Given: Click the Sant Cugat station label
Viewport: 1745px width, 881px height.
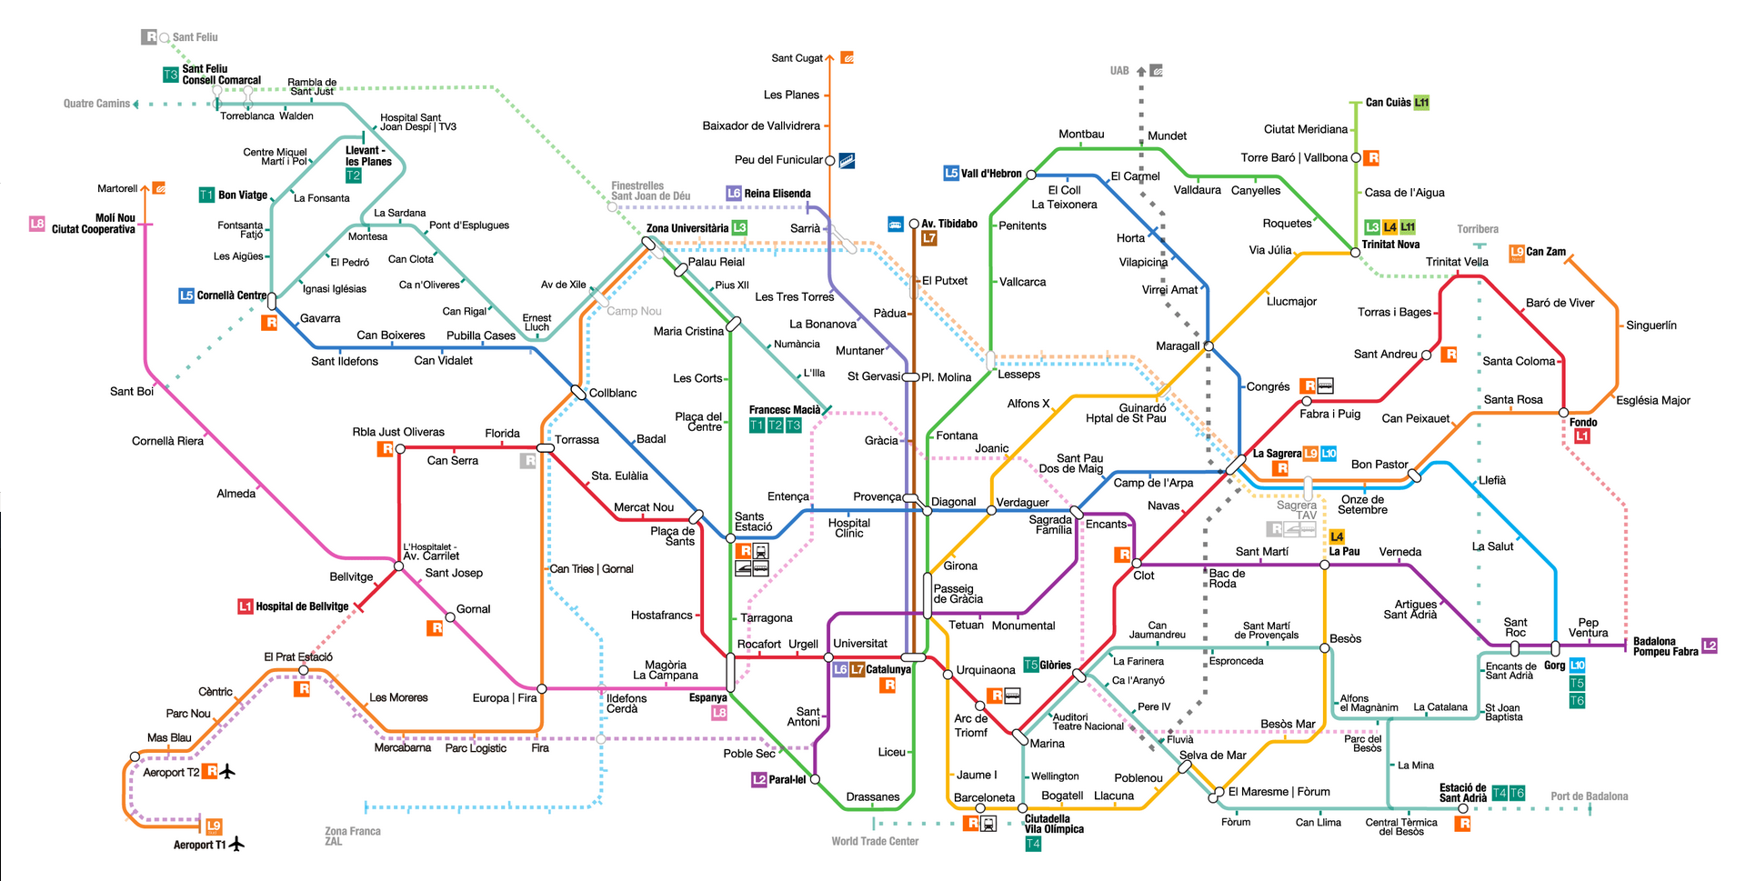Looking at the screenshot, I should (797, 58).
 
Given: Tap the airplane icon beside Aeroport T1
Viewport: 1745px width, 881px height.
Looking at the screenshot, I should (237, 845).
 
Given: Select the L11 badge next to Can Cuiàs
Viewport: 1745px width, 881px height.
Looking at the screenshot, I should (1421, 103).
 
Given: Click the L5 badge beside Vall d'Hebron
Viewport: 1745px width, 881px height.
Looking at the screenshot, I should (950, 173).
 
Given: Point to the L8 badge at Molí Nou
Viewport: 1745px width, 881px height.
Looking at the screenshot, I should (36, 223).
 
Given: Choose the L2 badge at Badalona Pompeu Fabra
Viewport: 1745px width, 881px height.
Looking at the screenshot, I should (1710, 646).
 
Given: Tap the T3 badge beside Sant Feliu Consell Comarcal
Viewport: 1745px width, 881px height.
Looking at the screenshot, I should (170, 75).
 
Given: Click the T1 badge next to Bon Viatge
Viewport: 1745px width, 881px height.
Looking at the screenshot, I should (206, 195).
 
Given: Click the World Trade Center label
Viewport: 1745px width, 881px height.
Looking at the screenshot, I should (875, 841).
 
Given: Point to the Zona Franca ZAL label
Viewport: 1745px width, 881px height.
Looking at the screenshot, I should (352, 836).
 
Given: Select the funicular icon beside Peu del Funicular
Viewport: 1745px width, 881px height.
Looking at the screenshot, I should (847, 161).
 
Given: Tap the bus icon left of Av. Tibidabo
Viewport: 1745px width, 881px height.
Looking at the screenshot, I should (895, 224).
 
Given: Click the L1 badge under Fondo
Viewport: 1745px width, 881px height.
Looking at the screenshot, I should (1582, 436).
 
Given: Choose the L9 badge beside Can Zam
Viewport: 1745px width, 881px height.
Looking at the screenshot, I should (1516, 253).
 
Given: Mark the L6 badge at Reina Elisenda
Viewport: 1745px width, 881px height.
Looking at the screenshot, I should (734, 193).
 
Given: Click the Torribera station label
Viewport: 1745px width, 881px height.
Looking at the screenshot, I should (1478, 229).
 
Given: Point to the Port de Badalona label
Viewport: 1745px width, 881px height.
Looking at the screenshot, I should (1589, 796).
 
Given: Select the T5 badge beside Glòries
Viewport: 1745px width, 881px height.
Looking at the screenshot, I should (1030, 665).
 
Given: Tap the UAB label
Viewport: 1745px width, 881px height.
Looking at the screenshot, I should (1119, 71).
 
